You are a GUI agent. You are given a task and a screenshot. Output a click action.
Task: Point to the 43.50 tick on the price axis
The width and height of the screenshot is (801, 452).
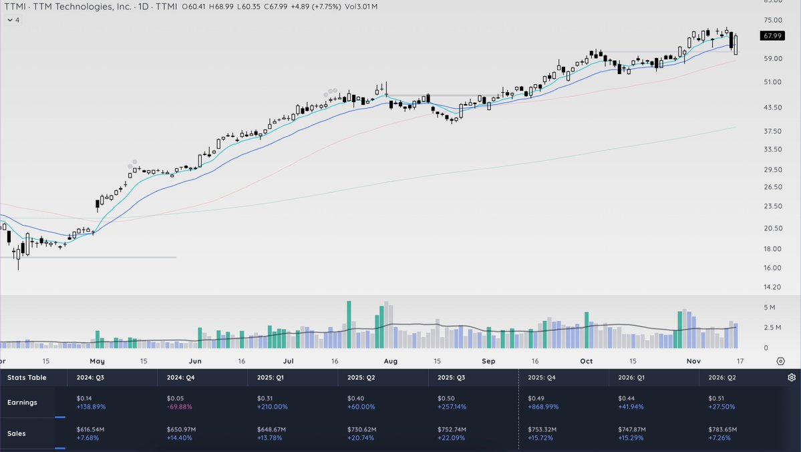click(x=772, y=107)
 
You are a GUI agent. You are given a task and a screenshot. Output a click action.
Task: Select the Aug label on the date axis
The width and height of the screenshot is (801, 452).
click(x=391, y=361)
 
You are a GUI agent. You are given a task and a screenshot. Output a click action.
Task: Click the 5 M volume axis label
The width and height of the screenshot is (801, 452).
click(x=769, y=308)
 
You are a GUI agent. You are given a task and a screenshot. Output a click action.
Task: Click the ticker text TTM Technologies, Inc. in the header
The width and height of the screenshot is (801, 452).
click(x=81, y=6)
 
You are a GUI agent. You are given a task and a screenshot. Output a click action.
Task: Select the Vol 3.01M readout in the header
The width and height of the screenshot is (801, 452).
click(x=361, y=6)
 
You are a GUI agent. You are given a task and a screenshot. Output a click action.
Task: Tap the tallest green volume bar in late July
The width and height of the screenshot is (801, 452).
click(x=349, y=324)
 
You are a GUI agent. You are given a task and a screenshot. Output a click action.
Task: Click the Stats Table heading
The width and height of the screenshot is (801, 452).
click(x=27, y=377)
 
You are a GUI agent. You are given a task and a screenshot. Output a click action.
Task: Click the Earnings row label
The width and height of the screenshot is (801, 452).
click(x=22, y=403)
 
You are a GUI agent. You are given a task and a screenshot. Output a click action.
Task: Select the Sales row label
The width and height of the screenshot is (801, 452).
click(x=17, y=433)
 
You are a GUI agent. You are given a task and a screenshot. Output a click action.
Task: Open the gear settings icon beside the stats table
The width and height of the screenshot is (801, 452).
click(x=792, y=377)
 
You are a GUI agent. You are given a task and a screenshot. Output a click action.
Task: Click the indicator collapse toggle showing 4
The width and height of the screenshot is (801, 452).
click(x=13, y=20)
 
